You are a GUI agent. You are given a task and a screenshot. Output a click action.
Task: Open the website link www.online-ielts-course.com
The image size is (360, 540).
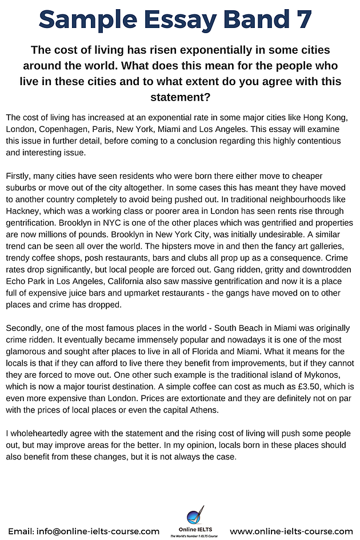click(290, 531)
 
